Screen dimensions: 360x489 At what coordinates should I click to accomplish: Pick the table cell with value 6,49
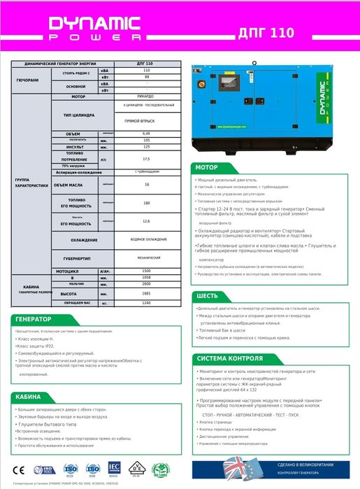[x=146, y=132]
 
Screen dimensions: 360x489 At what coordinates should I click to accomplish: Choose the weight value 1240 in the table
[x=146, y=304]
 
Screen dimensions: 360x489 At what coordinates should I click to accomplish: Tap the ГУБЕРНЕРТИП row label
[x=78, y=257]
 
